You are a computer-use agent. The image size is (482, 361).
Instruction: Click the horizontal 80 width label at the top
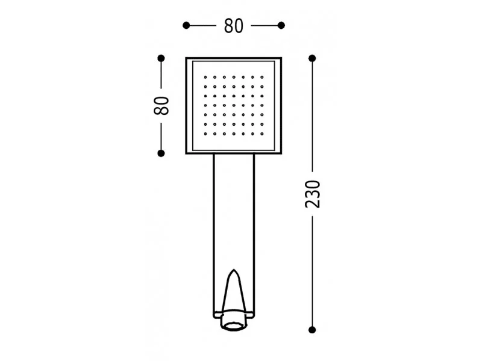click(234, 26)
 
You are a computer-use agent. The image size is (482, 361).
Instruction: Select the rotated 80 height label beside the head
click(161, 106)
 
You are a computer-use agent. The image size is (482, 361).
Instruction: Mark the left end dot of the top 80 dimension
click(186, 25)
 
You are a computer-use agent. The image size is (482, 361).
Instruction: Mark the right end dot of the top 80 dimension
click(281, 25)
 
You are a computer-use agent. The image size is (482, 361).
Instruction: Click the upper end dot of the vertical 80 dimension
click(161, 58)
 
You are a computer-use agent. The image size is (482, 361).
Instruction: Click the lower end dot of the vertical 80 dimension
click(161, 153)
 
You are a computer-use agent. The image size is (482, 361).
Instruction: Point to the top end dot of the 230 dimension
click(312, 58)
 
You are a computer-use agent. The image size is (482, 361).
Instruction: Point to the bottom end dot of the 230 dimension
click(312, 329)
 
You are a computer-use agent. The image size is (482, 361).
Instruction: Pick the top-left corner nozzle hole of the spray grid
click(205, 77)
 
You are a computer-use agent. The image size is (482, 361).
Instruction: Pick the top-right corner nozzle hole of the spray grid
click(262, 77)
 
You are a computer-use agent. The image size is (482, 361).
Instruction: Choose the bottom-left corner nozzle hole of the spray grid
click(205, 134)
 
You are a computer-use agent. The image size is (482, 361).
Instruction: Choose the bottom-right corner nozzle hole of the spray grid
click(262, 134)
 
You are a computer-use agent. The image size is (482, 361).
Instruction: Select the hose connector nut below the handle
click(234, 322)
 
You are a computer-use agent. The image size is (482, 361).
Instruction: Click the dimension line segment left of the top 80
click(202, 25)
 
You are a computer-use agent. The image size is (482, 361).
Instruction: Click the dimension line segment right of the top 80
click(266, 25)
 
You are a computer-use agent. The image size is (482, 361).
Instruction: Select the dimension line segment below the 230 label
click(312, 271)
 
